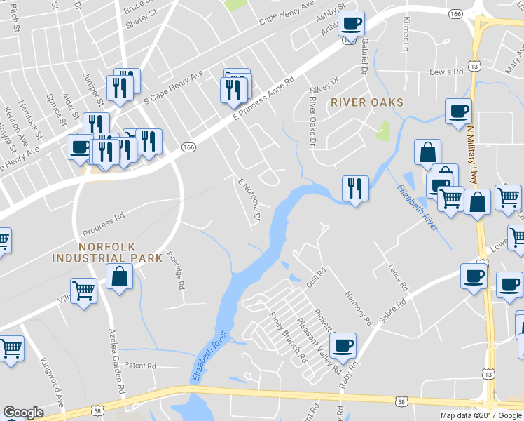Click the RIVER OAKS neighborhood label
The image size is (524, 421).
coord(367,102)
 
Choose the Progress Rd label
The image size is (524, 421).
coord(103,222)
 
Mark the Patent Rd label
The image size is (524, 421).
coord(139,366)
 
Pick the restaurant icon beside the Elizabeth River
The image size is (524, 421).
coord(355,188)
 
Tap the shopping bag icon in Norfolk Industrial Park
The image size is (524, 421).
coord(119,276)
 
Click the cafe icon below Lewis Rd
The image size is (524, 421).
coord(457,111)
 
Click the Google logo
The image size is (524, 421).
coord(23,413)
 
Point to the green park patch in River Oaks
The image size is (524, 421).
coord(382,131)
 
